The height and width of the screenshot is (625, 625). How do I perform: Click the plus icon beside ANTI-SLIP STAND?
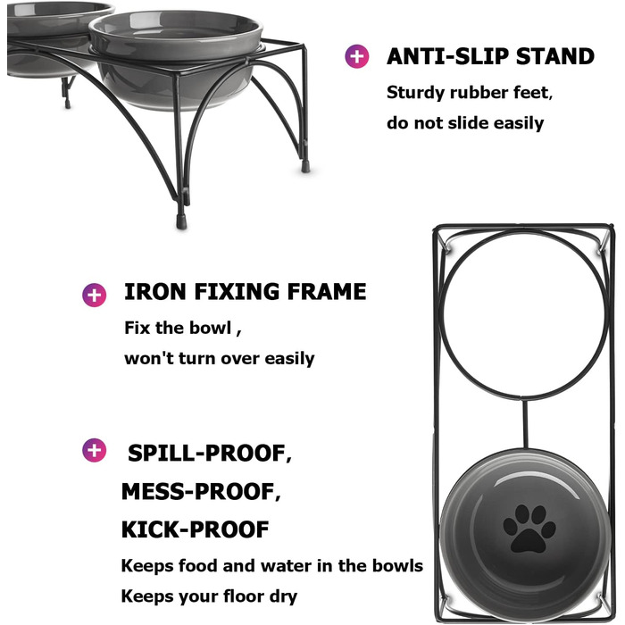coord(357,56)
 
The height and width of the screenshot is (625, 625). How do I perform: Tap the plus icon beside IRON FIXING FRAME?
coord(94,295)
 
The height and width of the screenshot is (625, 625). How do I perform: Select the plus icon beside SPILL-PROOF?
coord(94,450)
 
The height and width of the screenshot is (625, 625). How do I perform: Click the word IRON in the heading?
coord(155,291)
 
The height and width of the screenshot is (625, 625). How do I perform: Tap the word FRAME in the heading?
coord(327,291)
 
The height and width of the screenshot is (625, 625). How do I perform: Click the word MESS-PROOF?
coord(201,491)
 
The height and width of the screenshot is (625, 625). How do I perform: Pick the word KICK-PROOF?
coord(196,529)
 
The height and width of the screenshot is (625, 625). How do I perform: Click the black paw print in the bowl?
coord(529,529)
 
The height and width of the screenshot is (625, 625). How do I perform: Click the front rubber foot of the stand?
coord(181,221)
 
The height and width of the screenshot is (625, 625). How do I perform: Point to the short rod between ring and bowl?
coord(525,423)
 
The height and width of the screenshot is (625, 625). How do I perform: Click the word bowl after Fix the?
coord(210,328)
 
